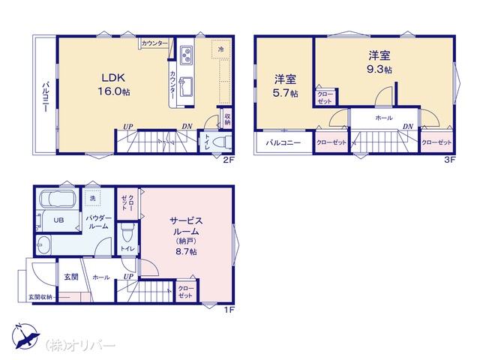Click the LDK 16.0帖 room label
[113, 84]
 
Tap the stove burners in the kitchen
[186, 55]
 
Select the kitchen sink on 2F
[185, 86]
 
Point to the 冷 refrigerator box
[220, 49]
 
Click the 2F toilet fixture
[222, 142]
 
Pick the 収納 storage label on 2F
[227, 119]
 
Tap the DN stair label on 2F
[187, 126]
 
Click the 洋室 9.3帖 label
[379, 62]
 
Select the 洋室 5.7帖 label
[285, 85]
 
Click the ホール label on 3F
[384, 118]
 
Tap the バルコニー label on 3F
[283, 142]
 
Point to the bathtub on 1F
[58, 199]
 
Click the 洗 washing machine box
[92, 198]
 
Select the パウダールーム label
[98, 222]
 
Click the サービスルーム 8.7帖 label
[186, 235]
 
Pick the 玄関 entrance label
[71, 277]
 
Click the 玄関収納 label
[40, 297]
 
